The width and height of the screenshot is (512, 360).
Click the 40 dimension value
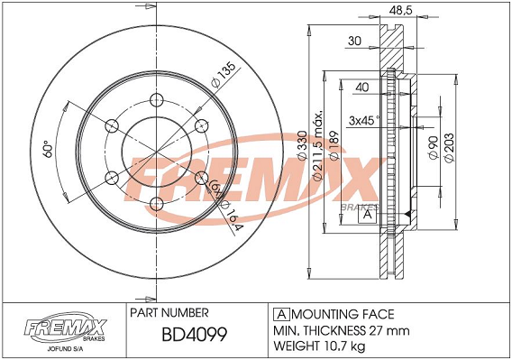[362, 88]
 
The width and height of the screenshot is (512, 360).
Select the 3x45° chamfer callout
[363, 118]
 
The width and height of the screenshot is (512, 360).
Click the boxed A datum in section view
[367, 214]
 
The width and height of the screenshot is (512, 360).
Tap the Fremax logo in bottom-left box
[65, 324]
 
